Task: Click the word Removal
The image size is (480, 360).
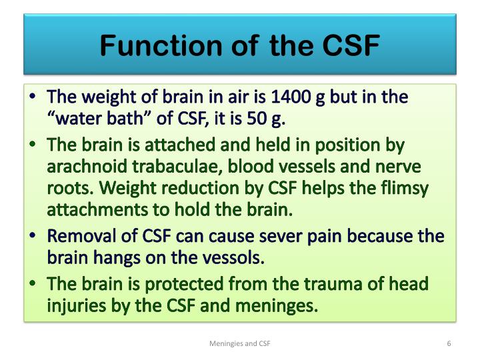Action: [x=76, y=237]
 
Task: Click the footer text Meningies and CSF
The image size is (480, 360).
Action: [x=239, y=343]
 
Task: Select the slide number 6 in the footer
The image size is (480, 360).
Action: [x=449, y=343]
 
